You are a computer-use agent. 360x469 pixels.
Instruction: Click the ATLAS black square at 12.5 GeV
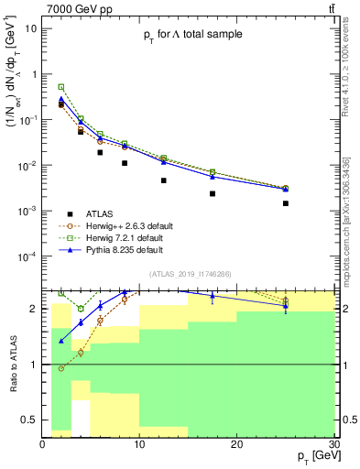(164, 180)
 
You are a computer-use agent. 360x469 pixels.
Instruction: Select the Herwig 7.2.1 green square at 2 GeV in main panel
(61, 87)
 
